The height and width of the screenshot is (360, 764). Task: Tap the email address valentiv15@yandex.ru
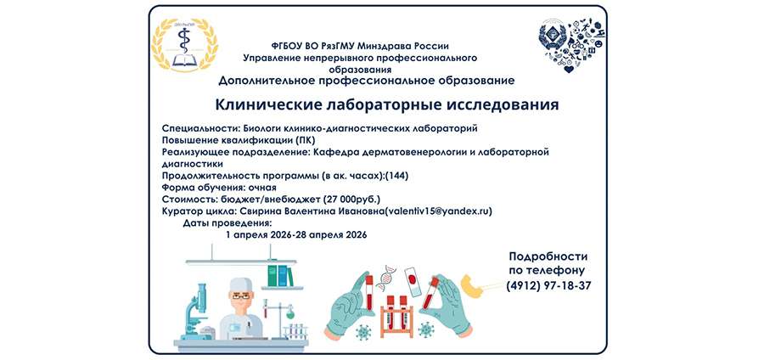[440, 211]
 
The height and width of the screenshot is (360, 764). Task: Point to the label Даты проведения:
[222, 222]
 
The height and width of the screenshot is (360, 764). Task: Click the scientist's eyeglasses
[241, 295]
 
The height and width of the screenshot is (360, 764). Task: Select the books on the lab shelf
[285, 276]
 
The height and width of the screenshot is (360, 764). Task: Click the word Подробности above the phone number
[548, 256]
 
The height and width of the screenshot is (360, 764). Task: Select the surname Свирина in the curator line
[264, 211]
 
